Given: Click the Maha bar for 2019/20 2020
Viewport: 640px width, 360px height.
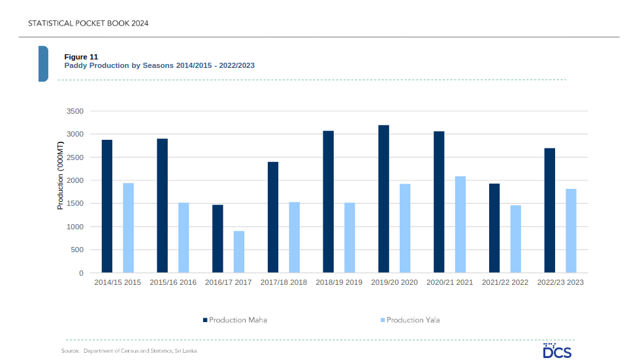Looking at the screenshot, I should pos(383,199).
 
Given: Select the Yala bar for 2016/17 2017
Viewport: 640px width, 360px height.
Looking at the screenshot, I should pos(239,252).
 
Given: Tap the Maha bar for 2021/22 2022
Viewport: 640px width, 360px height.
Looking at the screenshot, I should pos(494,228).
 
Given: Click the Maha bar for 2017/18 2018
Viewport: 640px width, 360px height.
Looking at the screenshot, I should pos(273,217).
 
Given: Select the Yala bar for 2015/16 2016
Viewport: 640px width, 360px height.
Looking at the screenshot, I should pos(184,238).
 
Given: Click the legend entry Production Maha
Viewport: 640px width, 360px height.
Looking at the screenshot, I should pos(235,320).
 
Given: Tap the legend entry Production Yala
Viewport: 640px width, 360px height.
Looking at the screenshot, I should pos(412,320).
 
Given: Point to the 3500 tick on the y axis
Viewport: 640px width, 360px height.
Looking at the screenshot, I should pos(75,111).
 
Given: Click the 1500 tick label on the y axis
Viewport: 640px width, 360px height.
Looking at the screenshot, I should pos(75,204).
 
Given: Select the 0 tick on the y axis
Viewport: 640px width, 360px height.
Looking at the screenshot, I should pos(80,273).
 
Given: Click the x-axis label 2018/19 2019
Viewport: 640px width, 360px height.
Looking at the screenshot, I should pos(339,282).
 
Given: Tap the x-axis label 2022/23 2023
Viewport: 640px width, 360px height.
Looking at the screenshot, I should pos(560,282).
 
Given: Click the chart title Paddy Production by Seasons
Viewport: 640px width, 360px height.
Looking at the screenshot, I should pos(159,65).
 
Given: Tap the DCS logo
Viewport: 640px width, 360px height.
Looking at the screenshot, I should pos(557,351).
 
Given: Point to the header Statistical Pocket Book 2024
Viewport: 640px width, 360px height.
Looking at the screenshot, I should pos(88,24).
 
